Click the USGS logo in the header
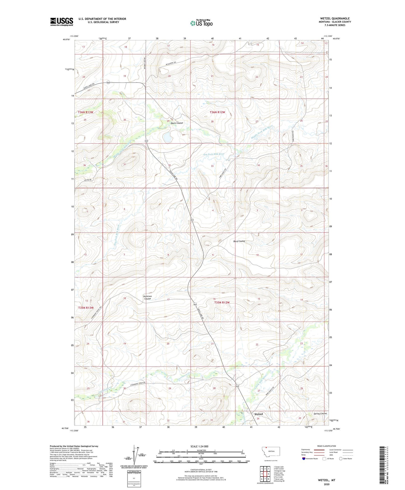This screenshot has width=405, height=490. pos(62,22)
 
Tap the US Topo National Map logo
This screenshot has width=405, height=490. pos(201,23)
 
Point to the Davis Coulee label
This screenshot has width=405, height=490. pos(177,123)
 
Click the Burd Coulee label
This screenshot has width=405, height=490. pos(239,241)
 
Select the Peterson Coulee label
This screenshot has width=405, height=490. pos(147,297)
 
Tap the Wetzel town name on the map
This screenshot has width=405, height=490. pos(258,414)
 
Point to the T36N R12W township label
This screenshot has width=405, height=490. pos(217,112)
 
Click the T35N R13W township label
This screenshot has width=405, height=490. pos(86,308)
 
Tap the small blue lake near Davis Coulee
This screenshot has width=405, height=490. pos(168,138)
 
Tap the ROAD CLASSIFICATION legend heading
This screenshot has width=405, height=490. pos(327,446)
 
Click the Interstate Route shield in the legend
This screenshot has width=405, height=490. pos(304,459)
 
